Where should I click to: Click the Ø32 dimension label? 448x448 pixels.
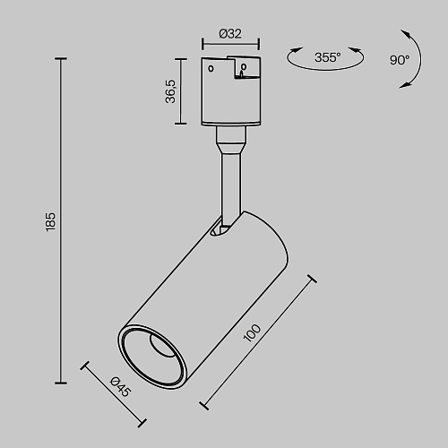coord(230,34)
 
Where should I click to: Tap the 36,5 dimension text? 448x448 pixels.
coord(170,91)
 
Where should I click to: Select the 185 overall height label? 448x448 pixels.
coord(50,221)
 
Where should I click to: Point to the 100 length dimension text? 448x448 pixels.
coord(252,332)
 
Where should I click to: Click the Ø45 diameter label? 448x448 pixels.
coord(120,387)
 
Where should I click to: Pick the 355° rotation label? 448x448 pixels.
coord(328,57)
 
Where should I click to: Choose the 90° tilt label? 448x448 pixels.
coord(400,60)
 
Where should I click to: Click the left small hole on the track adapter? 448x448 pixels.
coord(211,69)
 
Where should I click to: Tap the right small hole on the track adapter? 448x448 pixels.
coord(244,66)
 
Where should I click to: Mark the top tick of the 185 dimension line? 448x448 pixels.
coord(61,59)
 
